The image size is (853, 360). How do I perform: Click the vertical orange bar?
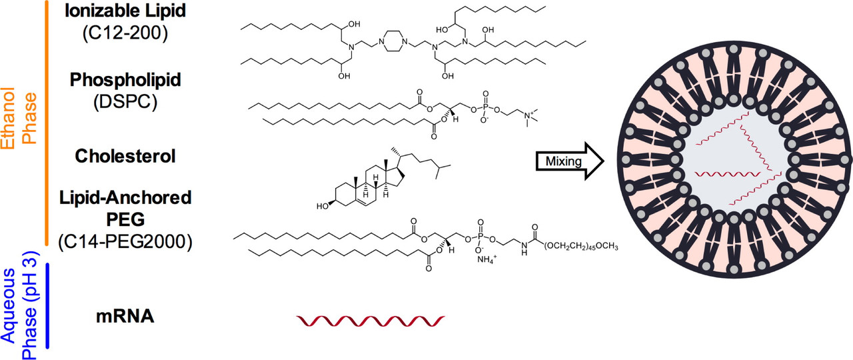tap(47, 123)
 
